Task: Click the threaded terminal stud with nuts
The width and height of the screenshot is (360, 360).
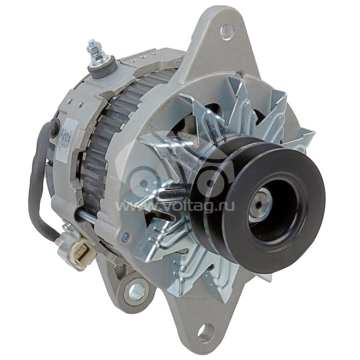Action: (x=94, y=49)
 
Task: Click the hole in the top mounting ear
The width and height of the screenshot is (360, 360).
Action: (x=227, y=31)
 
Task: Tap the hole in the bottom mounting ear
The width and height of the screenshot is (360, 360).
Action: (x=206, y=333)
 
